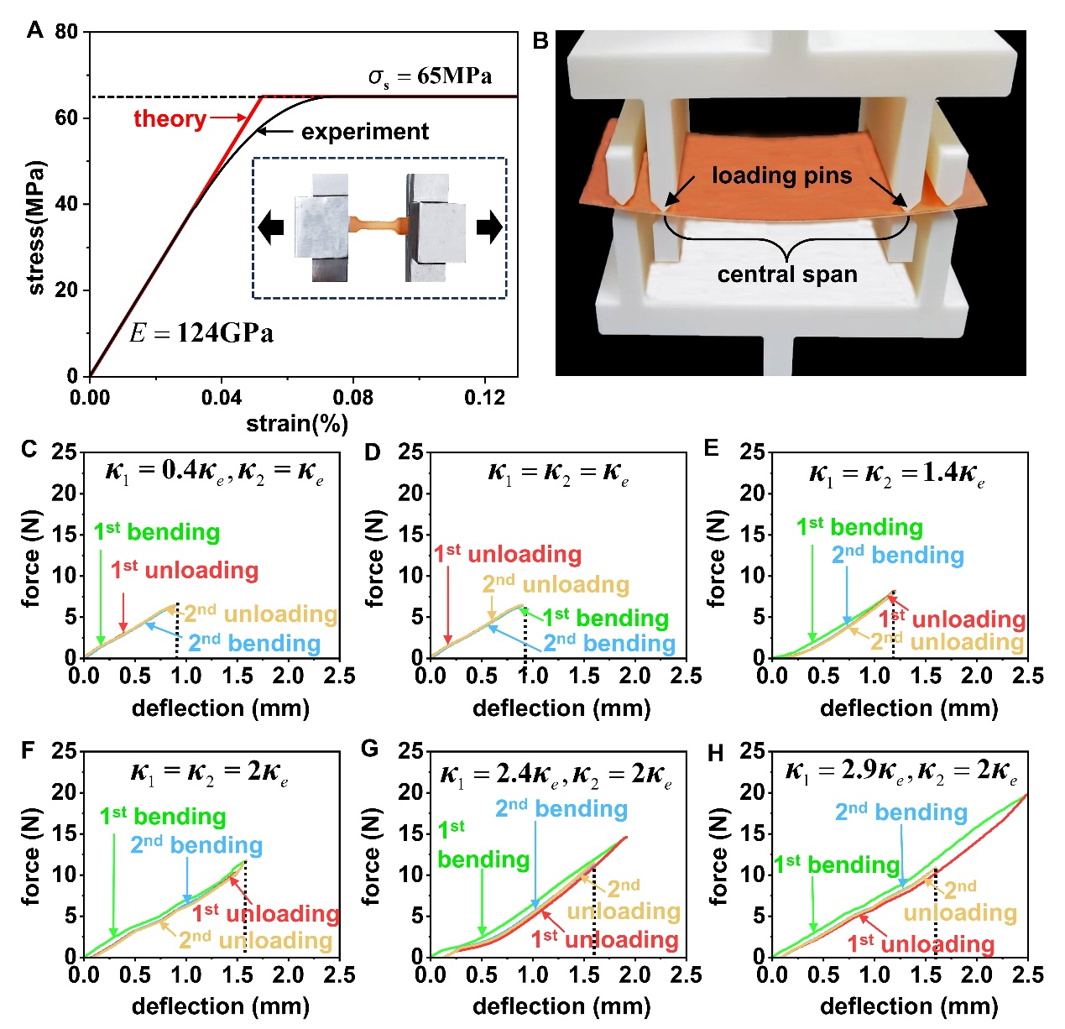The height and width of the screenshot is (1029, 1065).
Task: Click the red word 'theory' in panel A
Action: pyautogui.click(x=170, y=118)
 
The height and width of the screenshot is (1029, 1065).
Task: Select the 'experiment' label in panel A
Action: pyautogui.click(x=365, y=132)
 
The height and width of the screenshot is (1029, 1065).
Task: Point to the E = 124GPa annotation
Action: pyautogui.click(x=201, y=333)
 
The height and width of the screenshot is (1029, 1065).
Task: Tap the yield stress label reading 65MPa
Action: pyautogui.click(x=430, y=76)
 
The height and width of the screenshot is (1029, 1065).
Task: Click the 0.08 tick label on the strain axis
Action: pyautogui.click(x=353, y=397)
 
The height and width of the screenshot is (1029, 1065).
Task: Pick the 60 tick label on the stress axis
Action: pyautogui.click(x=66, y=118)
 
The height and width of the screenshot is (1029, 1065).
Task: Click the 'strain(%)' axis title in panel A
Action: pyautogui.click(x=297, y=424)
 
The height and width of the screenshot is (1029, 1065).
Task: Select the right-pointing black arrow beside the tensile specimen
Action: pyautogui.click(x=489, y=227)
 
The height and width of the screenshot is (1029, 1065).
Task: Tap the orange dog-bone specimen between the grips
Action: pyautogui.click(x=377, y=224)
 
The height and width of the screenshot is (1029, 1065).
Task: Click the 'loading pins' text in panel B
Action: pyautogui.click(x=781, y=175)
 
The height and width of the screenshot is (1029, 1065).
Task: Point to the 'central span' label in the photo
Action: pyautogui.click(x=787, y=274)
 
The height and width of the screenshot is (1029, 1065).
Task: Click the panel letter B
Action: pyautogui.click(x=541, y=40)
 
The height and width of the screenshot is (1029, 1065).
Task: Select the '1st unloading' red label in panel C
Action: pyautogui.click(x=185, y=571)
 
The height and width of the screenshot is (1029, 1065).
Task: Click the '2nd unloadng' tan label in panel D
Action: pyautogui.click(x=556, y=584)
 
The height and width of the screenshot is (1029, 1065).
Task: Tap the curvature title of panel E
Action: pyautogui.click(x=896, y=473)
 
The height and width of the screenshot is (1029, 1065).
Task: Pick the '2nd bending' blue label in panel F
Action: pyautogui.click(x=196, y=845)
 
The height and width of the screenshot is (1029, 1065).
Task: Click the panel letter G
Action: pyautogui.click(x=369, y=749)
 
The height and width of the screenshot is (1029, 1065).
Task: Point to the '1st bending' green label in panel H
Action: pyautogui.click(x=836, y=864)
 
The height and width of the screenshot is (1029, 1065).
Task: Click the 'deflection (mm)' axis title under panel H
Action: pyautogui.click(x=909, y=1005)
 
